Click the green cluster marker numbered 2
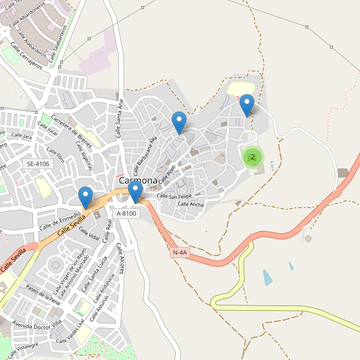pyautogui.click(x=253, y=157)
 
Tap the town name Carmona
pyautogui.click(x=138, y=180)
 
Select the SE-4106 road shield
pyautogui.click(x=38, y=163)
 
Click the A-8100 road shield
pyautogui.click(x=127, y=213)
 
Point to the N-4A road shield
pyautogui.click(x=179, y=253)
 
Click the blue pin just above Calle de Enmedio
pyautogui.click(x=86, y=197)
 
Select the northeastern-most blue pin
pyautogui.click(x=247, y=105)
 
